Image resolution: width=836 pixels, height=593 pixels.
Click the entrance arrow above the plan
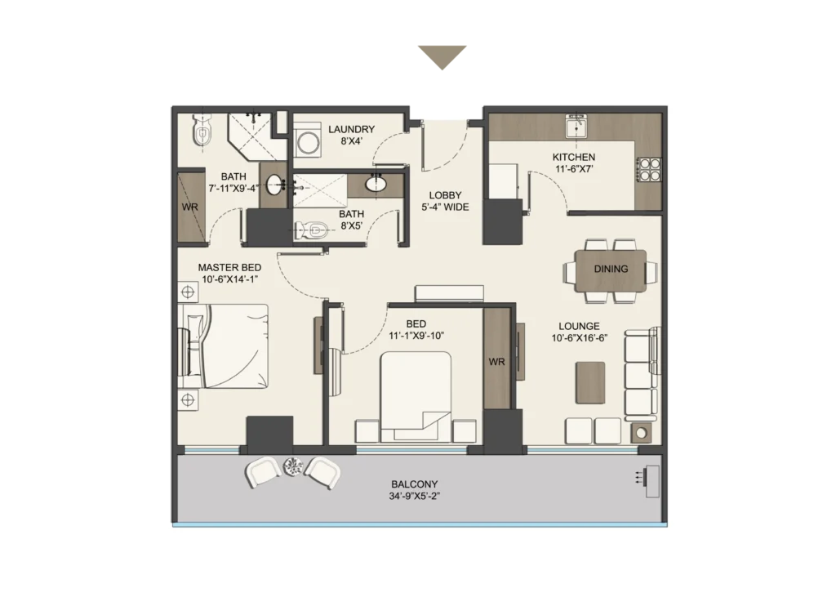click(442, 56)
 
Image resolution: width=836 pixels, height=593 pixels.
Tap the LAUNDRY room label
click(351, 129)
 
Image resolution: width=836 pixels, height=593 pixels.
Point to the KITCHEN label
click(574, 158)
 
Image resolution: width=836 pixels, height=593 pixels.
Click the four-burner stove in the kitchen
click(650, 170)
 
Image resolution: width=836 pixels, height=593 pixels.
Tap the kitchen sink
click(576, 127)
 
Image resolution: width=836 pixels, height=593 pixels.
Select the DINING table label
click(611, 269)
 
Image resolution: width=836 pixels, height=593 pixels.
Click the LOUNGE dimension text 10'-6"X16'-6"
click(580, 337)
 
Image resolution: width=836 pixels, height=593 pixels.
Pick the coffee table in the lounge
click(590, 382)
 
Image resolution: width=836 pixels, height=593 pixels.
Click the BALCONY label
click(414, 484)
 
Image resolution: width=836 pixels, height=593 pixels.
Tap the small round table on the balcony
click(293, 466)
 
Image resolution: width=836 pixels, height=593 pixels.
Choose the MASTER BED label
click(229, 268)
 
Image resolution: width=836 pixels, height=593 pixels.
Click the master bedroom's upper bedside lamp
click(188, 292)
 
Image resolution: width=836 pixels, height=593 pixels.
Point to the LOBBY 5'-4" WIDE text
click(445, 201)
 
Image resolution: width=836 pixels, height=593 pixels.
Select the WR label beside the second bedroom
click(496, 362)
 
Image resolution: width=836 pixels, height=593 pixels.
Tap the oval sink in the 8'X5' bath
click(376, 184)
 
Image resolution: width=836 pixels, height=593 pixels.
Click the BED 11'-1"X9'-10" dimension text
click(416, 336)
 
